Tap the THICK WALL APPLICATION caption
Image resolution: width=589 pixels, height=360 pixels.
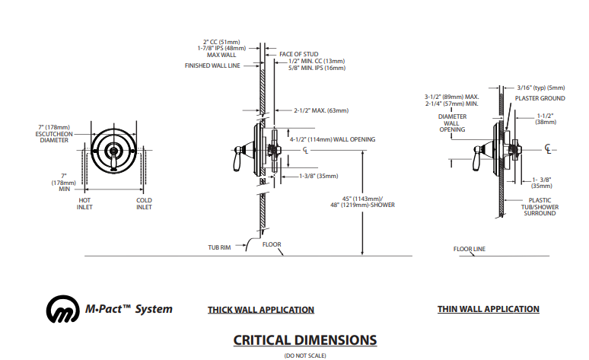(261, 310)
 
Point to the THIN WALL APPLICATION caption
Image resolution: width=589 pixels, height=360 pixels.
(488, 309)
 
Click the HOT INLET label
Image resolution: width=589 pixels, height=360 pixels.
(84, 203)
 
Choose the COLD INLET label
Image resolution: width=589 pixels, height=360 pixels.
(144, 203)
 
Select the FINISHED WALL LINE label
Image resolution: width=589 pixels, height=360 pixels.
(213, 65)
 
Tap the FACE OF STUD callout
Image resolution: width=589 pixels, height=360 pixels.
(298, 54)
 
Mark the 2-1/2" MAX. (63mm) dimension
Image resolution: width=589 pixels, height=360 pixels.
(321, 110)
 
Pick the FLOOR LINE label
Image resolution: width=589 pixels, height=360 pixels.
(469, 249)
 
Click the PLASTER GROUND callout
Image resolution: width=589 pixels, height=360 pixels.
(539, 98)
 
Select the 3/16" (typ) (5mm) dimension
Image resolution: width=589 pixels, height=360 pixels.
(541, 87)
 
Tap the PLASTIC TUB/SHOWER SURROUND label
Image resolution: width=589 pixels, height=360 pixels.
(538, 206)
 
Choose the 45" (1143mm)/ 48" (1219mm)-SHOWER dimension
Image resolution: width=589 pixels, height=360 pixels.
(363, 202)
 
